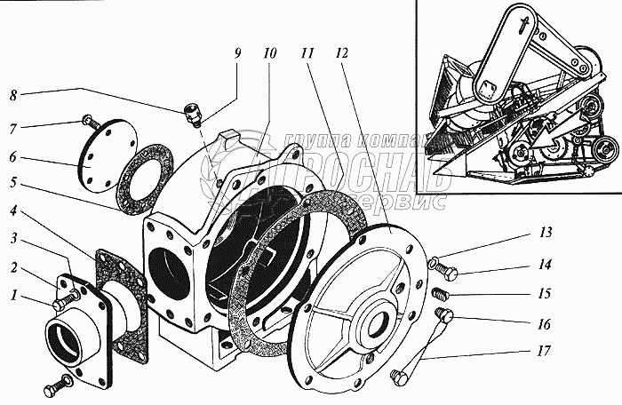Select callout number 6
[x=13, y=158]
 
